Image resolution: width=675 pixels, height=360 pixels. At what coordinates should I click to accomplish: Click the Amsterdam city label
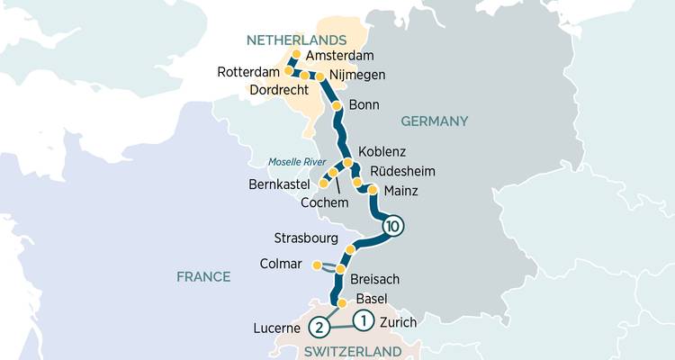click(340, 56)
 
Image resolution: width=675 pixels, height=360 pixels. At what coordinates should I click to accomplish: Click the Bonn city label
click(364, 105)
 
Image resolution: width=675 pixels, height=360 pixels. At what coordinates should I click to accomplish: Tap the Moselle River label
click(296, 162)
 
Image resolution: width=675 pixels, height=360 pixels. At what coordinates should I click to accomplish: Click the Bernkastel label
click(280, 185)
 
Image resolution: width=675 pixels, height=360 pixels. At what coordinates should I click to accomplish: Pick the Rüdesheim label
click(402, 171)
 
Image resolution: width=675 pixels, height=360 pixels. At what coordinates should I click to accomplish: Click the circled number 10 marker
click(391, 227)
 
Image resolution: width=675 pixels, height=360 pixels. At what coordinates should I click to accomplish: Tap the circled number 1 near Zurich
click(363, 319)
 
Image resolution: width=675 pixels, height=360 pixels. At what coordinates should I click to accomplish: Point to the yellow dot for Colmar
click(316, 265)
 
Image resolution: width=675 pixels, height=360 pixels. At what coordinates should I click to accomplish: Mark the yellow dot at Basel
click(341, 303)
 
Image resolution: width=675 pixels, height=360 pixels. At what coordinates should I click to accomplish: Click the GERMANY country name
click(436, 121)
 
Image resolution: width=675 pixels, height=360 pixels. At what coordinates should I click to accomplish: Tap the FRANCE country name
click(203, 277)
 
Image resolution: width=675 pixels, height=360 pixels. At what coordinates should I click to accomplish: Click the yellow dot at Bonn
click(337, 105)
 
